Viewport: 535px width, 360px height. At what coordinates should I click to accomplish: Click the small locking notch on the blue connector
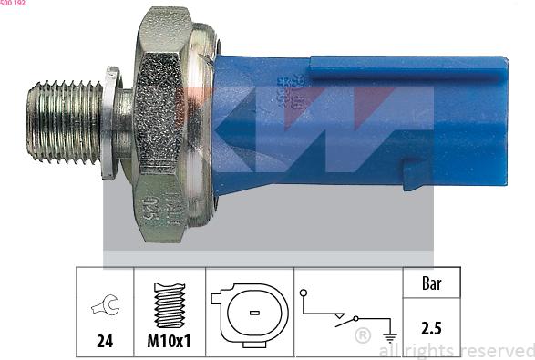pos(413,174)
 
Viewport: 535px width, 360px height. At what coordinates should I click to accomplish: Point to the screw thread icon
pos(169,304)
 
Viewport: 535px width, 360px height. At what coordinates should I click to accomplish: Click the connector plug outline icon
pos(249,311)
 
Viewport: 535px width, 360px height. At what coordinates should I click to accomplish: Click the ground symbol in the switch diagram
pos(390,335)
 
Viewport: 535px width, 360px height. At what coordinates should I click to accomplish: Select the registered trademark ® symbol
pos(361,335)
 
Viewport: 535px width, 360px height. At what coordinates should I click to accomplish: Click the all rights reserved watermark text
pos(456,350)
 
